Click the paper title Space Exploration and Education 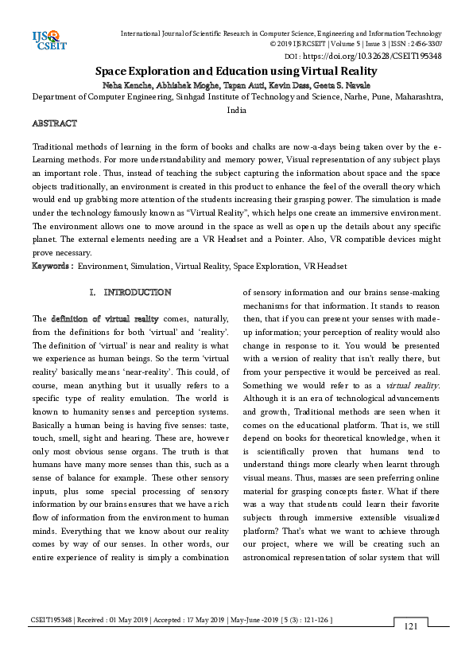[236, 71]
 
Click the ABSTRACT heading [54, 124]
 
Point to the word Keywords [52, 265]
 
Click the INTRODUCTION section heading [138, 293]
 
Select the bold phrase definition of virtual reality [106, 318]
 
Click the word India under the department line [236, 111]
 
